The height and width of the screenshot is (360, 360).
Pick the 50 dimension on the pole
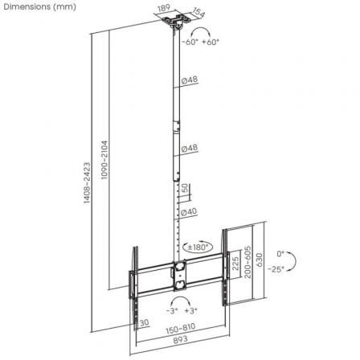coord(186,188)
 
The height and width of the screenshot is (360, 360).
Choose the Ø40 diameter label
coord(190,212)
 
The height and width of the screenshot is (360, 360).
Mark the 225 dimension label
coord(235,264)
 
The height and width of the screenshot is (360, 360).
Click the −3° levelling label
coord(170,309)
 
